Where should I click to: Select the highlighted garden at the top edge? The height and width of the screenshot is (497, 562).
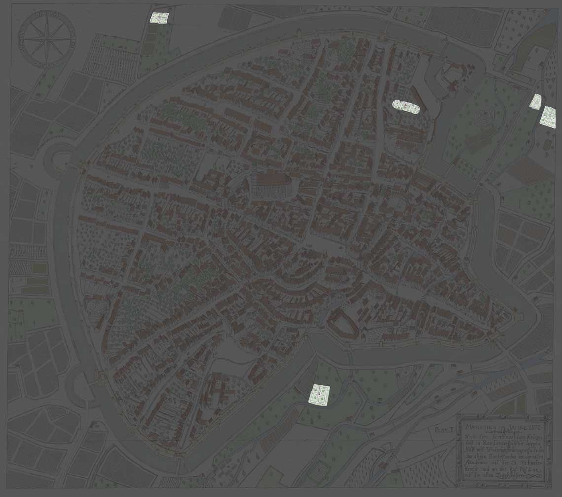coord(159,18)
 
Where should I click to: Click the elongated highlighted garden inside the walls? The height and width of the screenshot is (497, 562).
coord(406,106)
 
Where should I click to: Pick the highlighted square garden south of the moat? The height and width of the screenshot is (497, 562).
coord(319,394)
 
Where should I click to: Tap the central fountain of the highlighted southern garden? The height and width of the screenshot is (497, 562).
coord(319,394)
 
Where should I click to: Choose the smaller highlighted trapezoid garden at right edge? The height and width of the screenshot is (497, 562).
coord(535,101)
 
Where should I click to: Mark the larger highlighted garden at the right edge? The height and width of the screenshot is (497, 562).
coord(548,117)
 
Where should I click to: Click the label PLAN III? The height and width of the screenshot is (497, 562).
coord(444,430)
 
